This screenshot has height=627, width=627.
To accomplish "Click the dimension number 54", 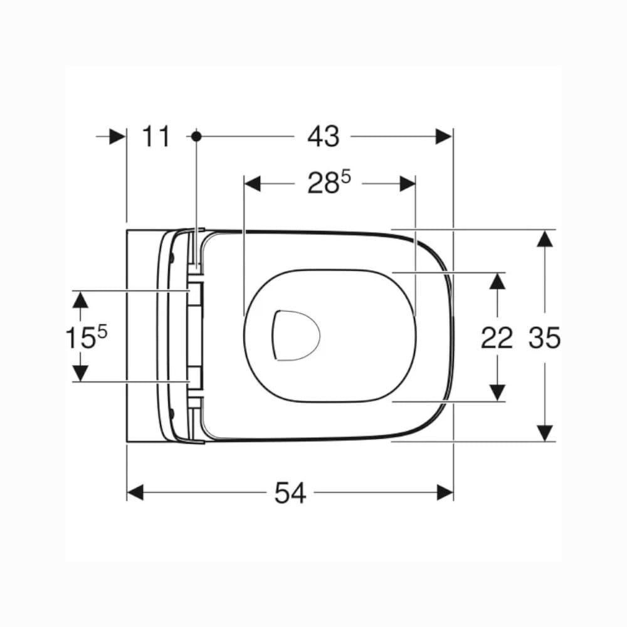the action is click(x=290, y=493).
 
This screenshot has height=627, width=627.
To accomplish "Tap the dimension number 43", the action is click(x=323, y=136).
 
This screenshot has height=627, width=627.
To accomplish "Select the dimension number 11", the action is click(x=156, y=136).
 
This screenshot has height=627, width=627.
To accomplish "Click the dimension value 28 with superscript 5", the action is click(x=329, y=184).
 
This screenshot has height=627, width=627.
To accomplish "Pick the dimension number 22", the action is click(x=497, y=337).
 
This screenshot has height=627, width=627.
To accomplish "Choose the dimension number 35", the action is click(x=545, y=337).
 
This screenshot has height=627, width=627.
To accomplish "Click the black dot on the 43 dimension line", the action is click(x=196, y=136).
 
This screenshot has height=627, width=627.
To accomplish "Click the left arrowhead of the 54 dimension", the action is click(x=135, y=492).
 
